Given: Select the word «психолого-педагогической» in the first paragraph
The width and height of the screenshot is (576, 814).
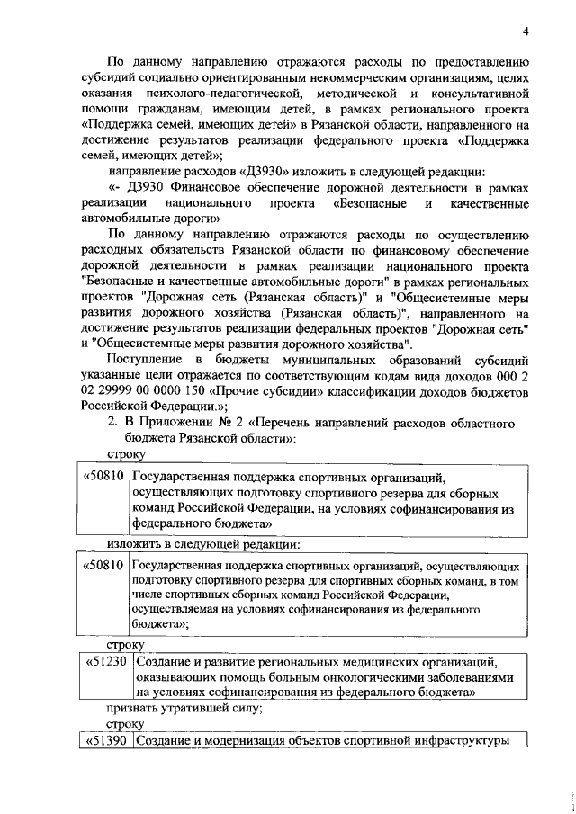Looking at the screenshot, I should tap(211, 94).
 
